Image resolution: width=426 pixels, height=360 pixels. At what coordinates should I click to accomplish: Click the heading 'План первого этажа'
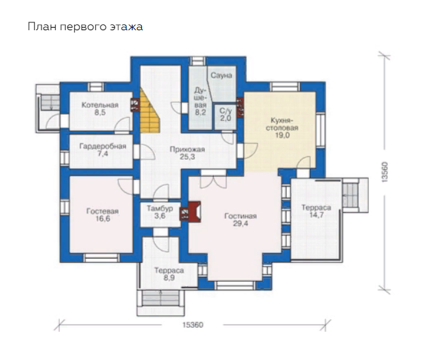click(x=85, y=27)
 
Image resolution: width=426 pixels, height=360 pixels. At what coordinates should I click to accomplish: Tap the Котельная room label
click(x=100, y=109)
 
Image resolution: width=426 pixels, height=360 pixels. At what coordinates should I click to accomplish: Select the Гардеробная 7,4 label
click(x=102, y=150)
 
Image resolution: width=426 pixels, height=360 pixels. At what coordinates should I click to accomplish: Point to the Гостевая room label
click(x=102, y=215)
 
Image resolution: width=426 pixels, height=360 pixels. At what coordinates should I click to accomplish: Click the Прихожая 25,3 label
click(x=187, y=153)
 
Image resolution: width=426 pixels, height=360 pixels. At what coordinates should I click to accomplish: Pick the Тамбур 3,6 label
click(x=160, y=212)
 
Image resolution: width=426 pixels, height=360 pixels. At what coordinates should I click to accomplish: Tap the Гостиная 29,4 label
click(x=240, y=219)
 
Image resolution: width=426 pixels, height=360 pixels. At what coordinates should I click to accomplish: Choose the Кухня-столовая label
click(x=282, y=127)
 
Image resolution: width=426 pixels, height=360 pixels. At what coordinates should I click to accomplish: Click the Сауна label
click(x=221, y=76)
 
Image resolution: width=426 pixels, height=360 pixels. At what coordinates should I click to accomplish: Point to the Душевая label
click(x=200, y=101)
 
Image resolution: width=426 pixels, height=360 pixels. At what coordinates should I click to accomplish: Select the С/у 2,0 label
click(x=226, y=114)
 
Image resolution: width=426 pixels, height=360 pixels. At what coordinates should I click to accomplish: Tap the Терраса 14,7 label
click(x=316, y=212)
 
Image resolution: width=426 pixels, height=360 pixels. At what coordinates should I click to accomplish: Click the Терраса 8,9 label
click(x=169, y=274)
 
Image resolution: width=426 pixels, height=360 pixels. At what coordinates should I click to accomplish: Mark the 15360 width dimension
click(x=192, y=325)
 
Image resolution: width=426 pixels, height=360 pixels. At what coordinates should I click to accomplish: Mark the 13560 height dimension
click(x=385, y=172)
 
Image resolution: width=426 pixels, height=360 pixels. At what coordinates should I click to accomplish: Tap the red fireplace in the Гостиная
click(x=194, y=212)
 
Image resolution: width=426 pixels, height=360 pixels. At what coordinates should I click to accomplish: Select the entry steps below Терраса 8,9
click(x=161, y=299)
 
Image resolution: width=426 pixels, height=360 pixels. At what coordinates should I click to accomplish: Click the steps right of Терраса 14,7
click(x=351, y=196)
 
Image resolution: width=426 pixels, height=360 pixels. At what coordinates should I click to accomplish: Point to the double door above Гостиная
click(x=213, y=181)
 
